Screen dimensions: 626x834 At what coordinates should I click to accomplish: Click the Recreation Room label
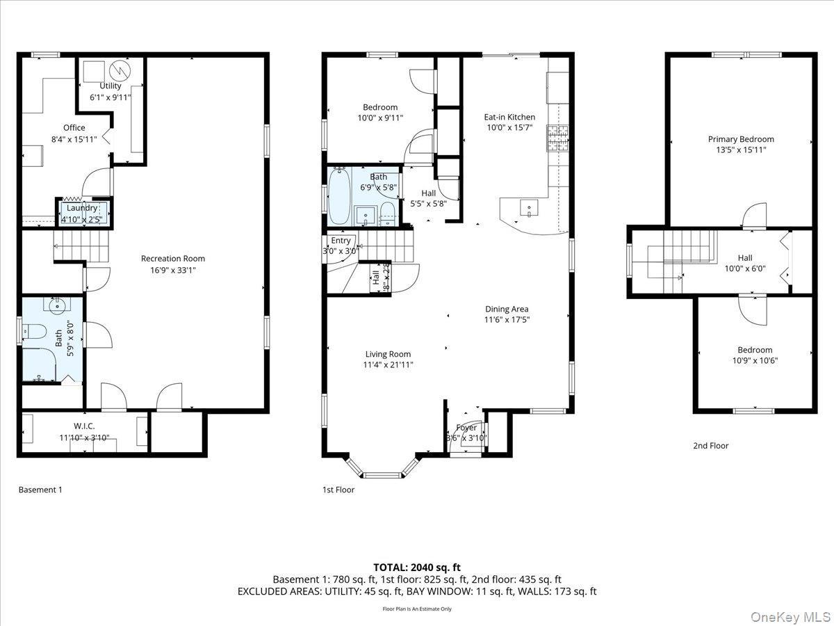(172, 258)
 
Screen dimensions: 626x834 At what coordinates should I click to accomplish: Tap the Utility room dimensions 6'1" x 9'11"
(110, 97)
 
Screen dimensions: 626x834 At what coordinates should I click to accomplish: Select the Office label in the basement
(74, 127)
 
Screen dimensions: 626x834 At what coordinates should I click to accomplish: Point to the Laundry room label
(82, 208)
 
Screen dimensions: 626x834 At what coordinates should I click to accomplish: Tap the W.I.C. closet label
(83, 426)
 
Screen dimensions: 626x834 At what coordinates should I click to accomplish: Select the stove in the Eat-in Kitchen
(557, 137)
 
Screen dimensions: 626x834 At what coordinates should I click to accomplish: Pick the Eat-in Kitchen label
(509, 117)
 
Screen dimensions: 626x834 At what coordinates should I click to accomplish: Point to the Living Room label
(388, 353)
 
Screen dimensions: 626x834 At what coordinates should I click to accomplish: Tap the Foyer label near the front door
(466, 427)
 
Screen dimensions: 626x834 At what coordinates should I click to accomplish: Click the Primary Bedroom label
(740, 139)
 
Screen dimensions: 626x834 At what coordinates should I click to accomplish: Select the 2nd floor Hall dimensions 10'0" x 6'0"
(745, 268)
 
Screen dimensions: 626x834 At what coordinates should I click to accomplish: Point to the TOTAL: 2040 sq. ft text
(417, 567)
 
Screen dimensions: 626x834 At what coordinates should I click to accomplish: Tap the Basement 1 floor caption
(40, 490)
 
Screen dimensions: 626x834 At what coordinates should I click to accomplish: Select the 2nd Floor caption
(710, 446)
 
